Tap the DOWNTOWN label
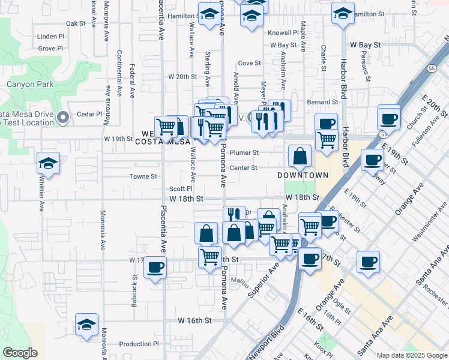pos(303,175)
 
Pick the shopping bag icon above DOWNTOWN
pos(300,157)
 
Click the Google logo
pos(20,353)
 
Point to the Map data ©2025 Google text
pos(412,355)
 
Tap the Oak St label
pos(76,23)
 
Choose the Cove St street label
pos(249,62)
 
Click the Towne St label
pos(144,176)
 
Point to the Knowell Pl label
pos(284,33)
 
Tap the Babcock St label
pos(135,290)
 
